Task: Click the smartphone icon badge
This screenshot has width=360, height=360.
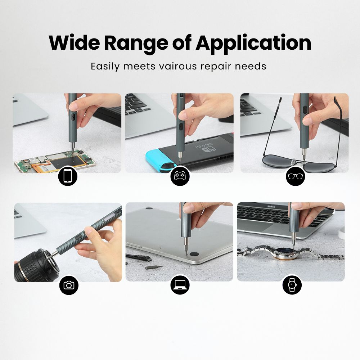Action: pos(68,177)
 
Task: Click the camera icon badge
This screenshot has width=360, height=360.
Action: pos(68,285)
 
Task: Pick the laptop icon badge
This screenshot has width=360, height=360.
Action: pos(180,285)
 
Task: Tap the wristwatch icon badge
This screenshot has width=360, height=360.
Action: pos(292,285)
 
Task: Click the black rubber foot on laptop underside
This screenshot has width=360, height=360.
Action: pos(195,254)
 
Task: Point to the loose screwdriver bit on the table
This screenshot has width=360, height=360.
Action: pos(153,267)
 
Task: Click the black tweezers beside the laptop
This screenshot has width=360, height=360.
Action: pos(139,257)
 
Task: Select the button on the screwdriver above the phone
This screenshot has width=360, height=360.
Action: pos(72,117)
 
